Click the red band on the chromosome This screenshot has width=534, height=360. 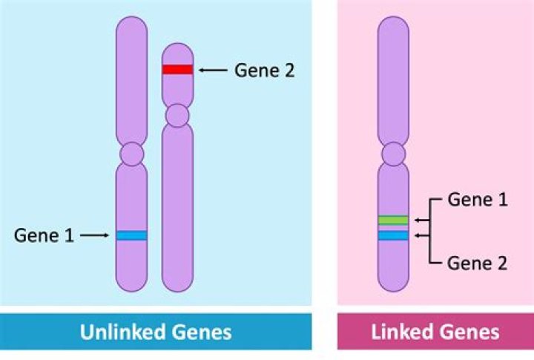(x=178, y=69)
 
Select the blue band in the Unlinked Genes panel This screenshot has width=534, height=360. (x=131, y=235)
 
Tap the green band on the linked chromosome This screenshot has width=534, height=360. (x=393, y=220)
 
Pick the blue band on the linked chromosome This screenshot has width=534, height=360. (x=393, y=235)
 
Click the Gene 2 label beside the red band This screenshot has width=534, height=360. (x=265, y=71)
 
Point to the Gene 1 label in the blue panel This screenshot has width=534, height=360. (x=44, y=236)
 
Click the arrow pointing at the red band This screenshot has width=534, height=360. (x=213, y=70)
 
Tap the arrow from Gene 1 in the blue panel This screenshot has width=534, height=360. (x=94, y=236)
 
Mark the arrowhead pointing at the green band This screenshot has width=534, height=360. (x=417, y=220)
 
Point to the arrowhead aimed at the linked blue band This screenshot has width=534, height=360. (x=417, y=236)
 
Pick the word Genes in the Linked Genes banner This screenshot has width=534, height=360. (x=466, y=331)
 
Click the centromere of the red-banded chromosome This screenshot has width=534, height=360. (x=178, y=115)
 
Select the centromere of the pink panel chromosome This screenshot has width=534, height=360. (x=393, y=154)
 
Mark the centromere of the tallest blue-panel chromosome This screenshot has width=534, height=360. (x=131, y=154)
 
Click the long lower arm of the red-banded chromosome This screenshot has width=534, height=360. (x=178, y=208)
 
